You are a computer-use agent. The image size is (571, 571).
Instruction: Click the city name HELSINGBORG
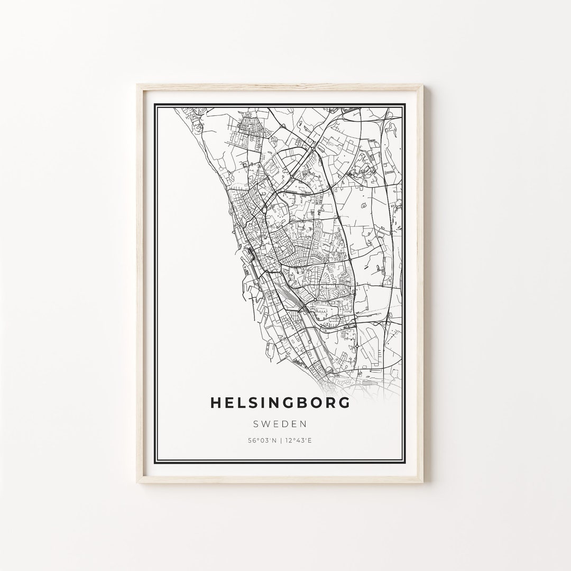pyautogui.click(x=280, y=402)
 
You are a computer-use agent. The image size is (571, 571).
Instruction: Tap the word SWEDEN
pyautogui.click(x=280, y=423)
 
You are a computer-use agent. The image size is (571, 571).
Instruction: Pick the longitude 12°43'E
pyautogui.click(x=297, y=440)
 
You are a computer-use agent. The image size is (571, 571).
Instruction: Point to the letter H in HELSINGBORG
pyautogui.click(x=216, y=402)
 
